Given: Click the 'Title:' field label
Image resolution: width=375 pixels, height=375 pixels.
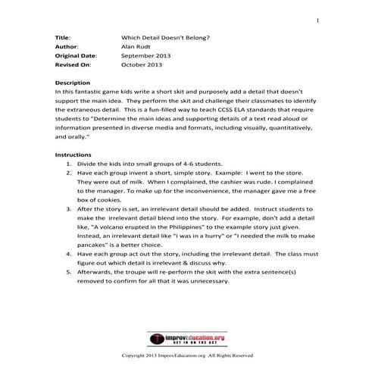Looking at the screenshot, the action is (x=64, y=36).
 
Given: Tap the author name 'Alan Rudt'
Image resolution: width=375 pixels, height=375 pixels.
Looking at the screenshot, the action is (x=137, y=46).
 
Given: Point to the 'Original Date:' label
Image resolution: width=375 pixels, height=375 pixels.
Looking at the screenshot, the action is (x=76, y=56).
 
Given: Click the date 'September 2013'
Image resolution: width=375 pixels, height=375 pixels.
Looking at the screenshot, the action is (x=145, y=56).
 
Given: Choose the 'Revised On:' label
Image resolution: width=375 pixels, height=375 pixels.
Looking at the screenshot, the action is (x=73, y=66).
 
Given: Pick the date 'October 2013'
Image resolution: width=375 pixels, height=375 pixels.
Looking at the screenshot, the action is (x=142, y=66).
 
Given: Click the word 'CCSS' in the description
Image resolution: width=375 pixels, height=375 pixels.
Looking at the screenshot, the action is (x=219, y=110).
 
